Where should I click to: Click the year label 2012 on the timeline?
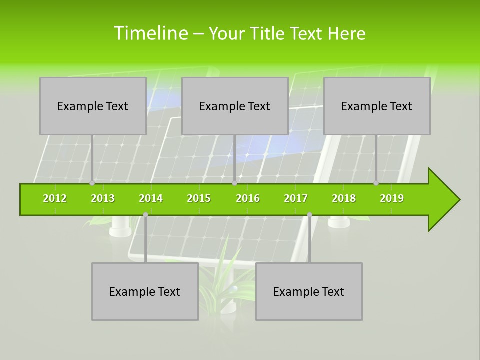pos(55,198)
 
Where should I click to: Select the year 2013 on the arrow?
pos(103,198)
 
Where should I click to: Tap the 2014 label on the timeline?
pos(151,198)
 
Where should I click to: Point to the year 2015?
pos(199,198)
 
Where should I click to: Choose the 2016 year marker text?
pos(248,198)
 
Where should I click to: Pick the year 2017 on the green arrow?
pos(296,198)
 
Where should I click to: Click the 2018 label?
pos(344,198)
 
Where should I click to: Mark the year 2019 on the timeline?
pos(392,198)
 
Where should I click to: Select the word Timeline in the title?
pos(150,33)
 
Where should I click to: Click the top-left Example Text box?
pos(93,106)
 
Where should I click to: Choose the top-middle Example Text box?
pos(235,106)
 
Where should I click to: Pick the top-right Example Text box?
pos(377,106)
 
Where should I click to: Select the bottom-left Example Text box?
pos(145,291)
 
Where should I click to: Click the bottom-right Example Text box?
pos(309,291)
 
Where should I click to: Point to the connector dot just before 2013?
pos(92,183)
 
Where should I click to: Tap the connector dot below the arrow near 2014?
pos(145,214)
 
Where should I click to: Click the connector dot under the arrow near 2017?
pos(309,214)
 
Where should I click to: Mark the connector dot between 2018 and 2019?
pos(376,183)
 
